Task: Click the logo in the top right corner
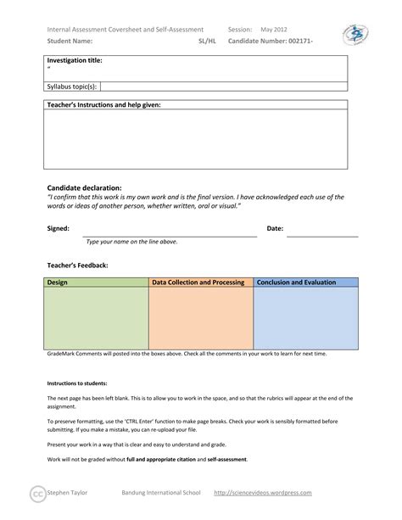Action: (355, 35)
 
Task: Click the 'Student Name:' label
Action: (70, 40)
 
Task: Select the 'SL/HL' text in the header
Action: (207, 40)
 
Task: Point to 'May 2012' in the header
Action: (274, 29)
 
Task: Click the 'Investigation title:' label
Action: (75, 61)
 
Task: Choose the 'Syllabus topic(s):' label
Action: (72, 86)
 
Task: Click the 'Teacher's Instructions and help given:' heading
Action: (103, 104)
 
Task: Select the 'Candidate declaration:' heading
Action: (84, 187)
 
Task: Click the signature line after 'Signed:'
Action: (170, 235)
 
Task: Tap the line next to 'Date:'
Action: (322, 235)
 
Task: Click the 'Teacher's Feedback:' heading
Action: (77, 266)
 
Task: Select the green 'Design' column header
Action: (58, 282)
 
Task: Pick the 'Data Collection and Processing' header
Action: (199, 282)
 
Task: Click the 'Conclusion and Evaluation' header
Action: (297, 282)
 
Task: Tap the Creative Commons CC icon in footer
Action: (37, 494)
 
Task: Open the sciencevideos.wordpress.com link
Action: (263, 493)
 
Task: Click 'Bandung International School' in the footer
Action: (160, 493)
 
